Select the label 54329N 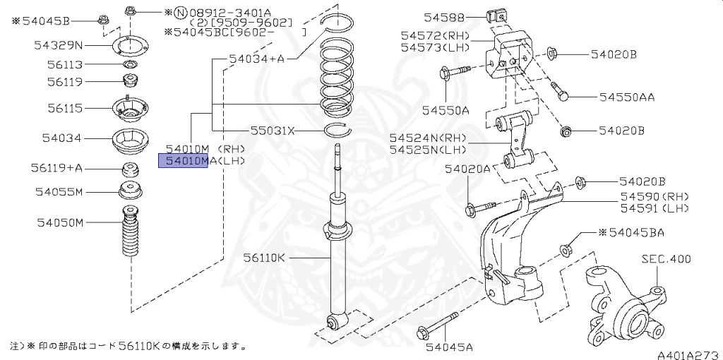pyautogui.click(x=59, y=45)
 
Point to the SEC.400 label pyautogui.click(x=665, y=259)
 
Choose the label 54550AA pyautogui.click(x=627, y=97)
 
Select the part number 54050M pyautogui.click(x=60, y=223)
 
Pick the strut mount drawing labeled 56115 pyautogui.click(x=129, y=111)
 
